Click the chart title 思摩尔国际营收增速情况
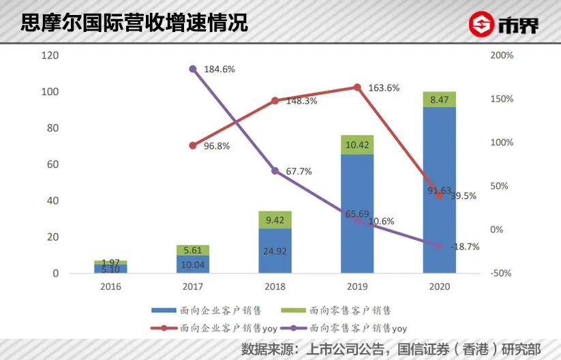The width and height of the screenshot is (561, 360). tap(134, 22)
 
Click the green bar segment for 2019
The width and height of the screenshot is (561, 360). tap(357, 145)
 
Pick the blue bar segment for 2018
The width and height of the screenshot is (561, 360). tap(275, 250)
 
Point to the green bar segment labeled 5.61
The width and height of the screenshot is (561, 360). tap(193, 250)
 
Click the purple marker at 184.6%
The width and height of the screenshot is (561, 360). tap(193, 69)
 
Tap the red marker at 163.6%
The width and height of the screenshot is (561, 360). tap(357, 87)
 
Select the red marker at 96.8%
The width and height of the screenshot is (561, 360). tap(193, 145)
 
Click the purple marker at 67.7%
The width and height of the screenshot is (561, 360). tap(275, 170)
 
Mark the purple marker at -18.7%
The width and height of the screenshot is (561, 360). tap(439, 246)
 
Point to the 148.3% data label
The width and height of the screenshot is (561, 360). tap(301, 101)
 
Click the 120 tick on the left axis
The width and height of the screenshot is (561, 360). tap(50, 55)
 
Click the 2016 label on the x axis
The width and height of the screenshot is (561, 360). tap(110, 287)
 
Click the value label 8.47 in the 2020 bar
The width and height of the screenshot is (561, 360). tap(439, 100)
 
